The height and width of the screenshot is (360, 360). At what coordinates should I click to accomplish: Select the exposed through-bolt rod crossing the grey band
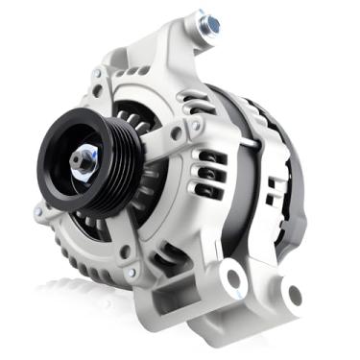click(252, 141)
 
